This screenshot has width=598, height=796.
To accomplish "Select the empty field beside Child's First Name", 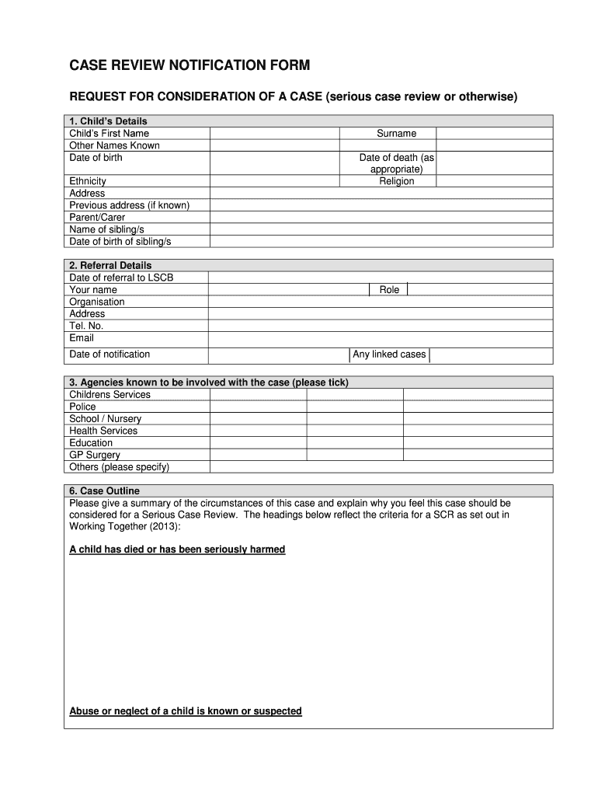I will pos(274,134).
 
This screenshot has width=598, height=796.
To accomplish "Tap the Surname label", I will pos(397,134).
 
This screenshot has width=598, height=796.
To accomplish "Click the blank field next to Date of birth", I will pos(274,162).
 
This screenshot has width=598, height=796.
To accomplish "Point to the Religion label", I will pos(397,181).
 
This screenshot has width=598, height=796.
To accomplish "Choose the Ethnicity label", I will pos(88,181).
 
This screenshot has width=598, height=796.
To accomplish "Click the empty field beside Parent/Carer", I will pos(381,218).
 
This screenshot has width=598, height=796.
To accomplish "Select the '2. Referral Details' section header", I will pos(110,266).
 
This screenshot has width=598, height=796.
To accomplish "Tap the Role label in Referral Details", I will pos(389,290).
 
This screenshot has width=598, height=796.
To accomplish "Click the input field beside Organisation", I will pos(381,302).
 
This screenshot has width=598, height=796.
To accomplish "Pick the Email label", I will pos(82,338).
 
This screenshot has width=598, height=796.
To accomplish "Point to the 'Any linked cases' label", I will pos(389,354).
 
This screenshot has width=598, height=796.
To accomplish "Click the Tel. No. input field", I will pos(381,326).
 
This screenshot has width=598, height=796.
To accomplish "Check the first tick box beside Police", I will pos(258,407).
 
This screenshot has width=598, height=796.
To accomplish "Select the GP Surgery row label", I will pos(95,455).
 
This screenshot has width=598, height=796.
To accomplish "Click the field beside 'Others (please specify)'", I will pos(381,467).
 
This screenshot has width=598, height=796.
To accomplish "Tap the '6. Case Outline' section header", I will pos(104,491).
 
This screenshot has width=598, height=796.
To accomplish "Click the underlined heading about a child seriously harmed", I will pos(177,550).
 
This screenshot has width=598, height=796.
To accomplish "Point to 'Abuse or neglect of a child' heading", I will pos(186,711).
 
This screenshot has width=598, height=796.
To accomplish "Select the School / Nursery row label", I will pos(106,419).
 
